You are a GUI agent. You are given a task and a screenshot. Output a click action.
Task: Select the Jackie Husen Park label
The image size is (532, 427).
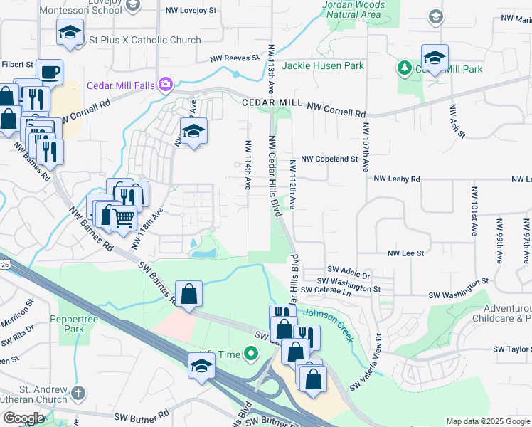[323, 65]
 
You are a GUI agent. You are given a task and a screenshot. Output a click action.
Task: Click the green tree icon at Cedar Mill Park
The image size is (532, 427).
[405, 68]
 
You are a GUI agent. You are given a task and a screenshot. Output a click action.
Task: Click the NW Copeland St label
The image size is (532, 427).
[329, 159]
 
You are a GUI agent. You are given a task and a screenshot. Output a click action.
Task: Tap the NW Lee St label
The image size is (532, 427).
[405, 253]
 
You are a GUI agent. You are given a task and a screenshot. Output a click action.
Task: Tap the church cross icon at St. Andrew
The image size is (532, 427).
[78, 392]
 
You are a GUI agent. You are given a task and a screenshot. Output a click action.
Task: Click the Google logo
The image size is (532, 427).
[23, 418]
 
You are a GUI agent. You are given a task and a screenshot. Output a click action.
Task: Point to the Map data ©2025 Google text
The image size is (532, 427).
[487, 421]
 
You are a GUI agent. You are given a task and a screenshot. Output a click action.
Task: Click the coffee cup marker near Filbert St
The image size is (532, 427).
[49, 72]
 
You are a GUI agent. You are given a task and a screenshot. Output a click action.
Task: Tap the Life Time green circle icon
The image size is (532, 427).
[250, 353]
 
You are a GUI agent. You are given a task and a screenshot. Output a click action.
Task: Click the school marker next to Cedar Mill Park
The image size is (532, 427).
[435, 58]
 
